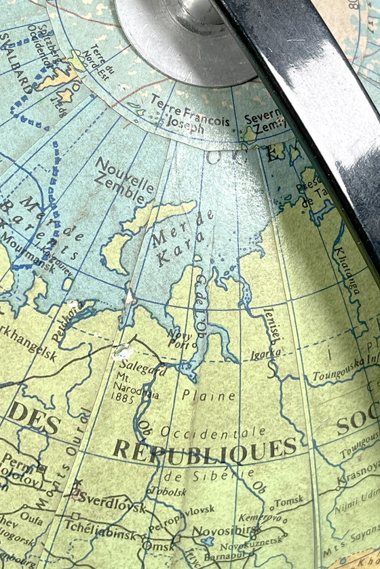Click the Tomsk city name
288,501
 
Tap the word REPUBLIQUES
204,449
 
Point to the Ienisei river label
269,328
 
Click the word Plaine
208,395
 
